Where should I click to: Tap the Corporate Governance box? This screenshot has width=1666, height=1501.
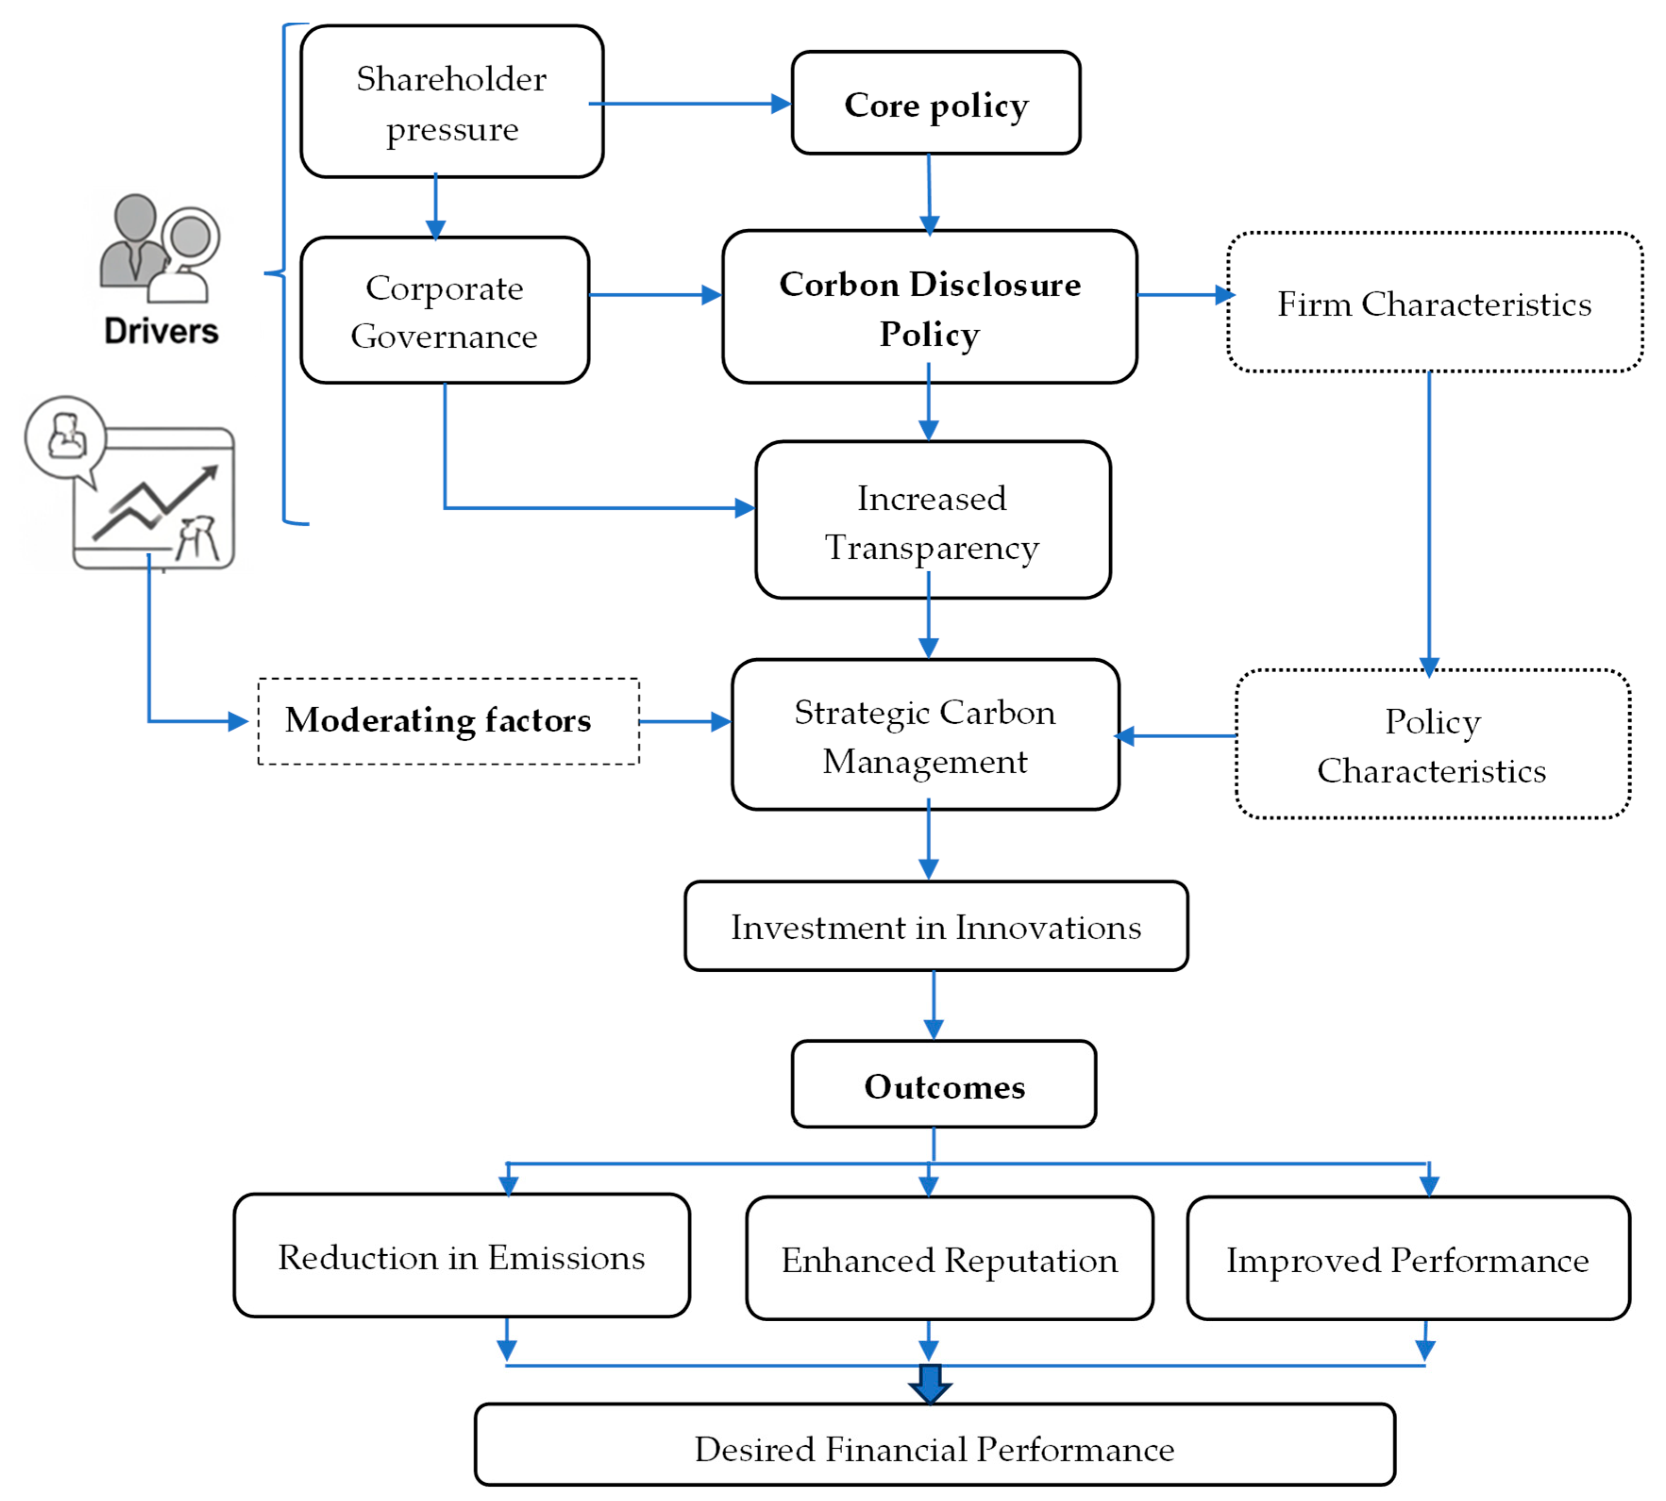coord(444,310)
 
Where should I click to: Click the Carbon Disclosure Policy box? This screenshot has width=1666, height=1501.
coord(929,307)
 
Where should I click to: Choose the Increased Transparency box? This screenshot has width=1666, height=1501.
coord(933,519)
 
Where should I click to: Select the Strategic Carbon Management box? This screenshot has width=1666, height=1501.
coord(925,734)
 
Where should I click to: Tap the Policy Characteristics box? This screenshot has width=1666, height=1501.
coord(1432,744)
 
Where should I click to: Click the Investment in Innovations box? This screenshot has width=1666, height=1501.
coord(936,926)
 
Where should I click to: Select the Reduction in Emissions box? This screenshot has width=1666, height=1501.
coord(462,1255)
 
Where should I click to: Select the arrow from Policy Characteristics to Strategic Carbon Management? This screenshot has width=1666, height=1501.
coord(1175,736)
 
